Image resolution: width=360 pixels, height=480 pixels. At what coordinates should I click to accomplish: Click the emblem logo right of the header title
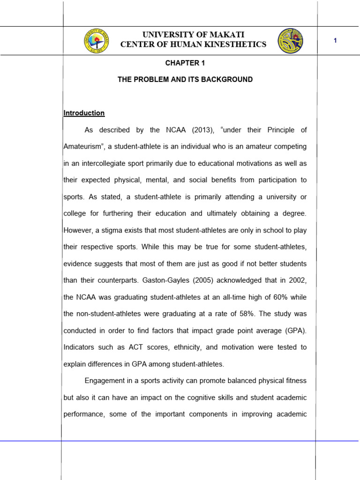pos(290,40)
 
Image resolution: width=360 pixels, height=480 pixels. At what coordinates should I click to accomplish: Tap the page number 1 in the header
pos(335,41)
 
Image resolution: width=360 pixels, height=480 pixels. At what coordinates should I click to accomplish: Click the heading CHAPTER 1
pos(185,63)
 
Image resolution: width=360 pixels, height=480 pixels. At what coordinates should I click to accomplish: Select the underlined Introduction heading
pos(84,113)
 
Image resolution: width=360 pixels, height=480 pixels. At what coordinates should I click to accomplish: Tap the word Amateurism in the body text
pos(82,147)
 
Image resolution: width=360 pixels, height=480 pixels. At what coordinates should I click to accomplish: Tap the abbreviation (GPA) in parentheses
pos(295,330)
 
